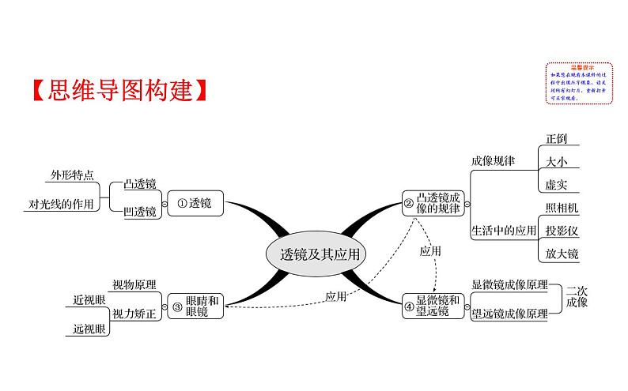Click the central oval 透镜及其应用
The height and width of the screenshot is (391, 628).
tap(314, 254)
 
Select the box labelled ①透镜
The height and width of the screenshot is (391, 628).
tap(195, 203)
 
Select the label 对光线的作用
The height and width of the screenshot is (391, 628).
tap(61, 204)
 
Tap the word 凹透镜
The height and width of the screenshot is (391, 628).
tap(141, 212)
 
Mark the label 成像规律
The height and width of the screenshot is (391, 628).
tap(492, 160)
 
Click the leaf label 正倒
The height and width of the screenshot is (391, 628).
tap(557, 138)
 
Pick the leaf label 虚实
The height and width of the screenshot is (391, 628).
tap(557, 184)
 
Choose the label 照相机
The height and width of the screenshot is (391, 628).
tap(562, 208)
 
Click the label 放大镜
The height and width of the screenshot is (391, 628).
tap(562, 254)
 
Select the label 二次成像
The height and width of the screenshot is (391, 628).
tap(578, 295)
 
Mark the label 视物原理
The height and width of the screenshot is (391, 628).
tap(134, 284)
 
